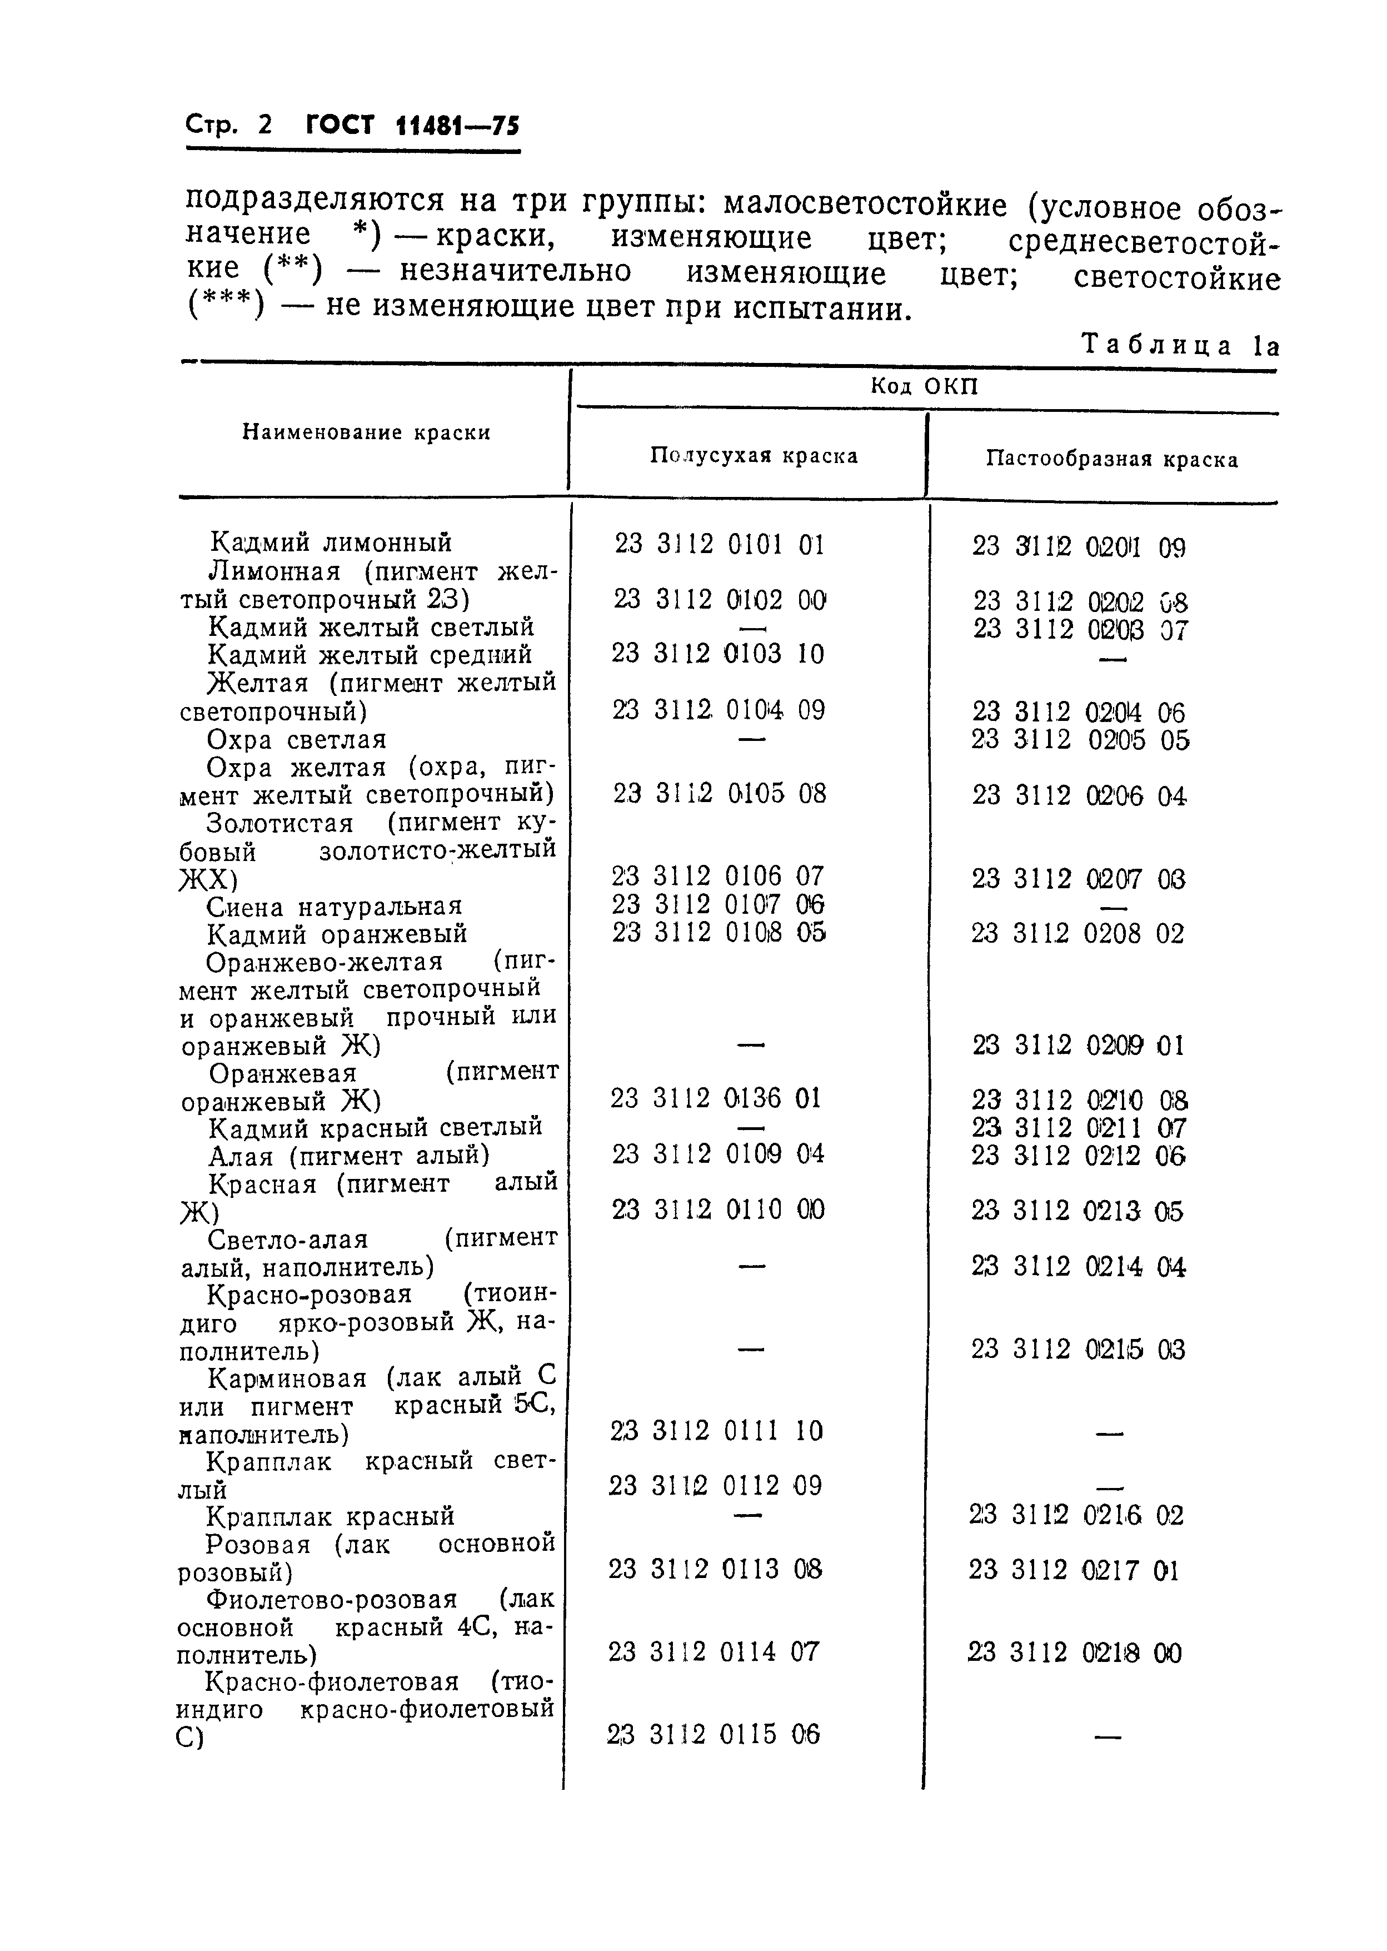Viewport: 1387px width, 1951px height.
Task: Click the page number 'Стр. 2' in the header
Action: pos(228,126)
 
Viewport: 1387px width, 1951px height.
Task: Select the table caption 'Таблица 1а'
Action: pos(1180,345)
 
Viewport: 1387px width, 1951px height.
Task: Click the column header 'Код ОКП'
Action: pos(924,386)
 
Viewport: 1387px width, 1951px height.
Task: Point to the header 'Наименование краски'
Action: pos(366,432)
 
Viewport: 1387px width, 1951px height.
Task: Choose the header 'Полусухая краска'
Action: pos(754,455)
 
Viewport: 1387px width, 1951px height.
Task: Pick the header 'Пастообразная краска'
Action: pos(1112,460)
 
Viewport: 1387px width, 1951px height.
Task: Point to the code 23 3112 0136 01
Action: pos(716,1098)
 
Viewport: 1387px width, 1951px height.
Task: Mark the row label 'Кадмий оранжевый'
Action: pos(337,934)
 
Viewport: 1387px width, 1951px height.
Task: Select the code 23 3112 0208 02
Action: pos(1078,934)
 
